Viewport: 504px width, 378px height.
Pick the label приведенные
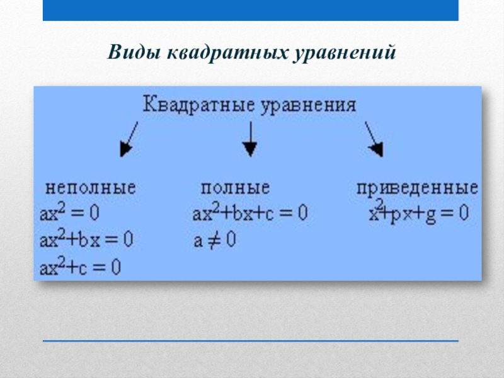coord(416,188)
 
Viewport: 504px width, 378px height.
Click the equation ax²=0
coord(70,212)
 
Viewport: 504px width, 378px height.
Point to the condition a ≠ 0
coord(214,240)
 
